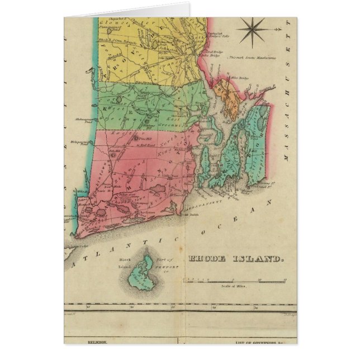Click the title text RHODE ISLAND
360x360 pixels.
(x=236, y=259)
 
